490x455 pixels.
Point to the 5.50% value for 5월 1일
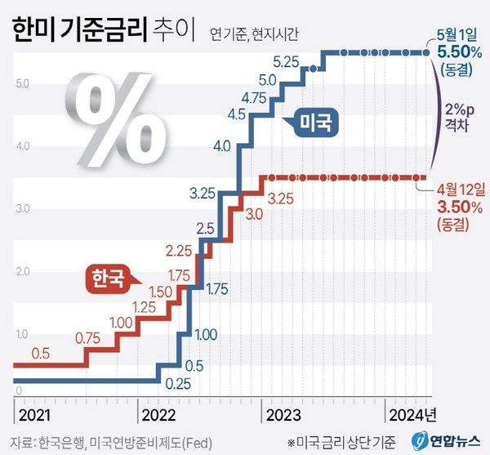coord(453,50)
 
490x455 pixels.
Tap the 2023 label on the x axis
coord(284,414)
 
